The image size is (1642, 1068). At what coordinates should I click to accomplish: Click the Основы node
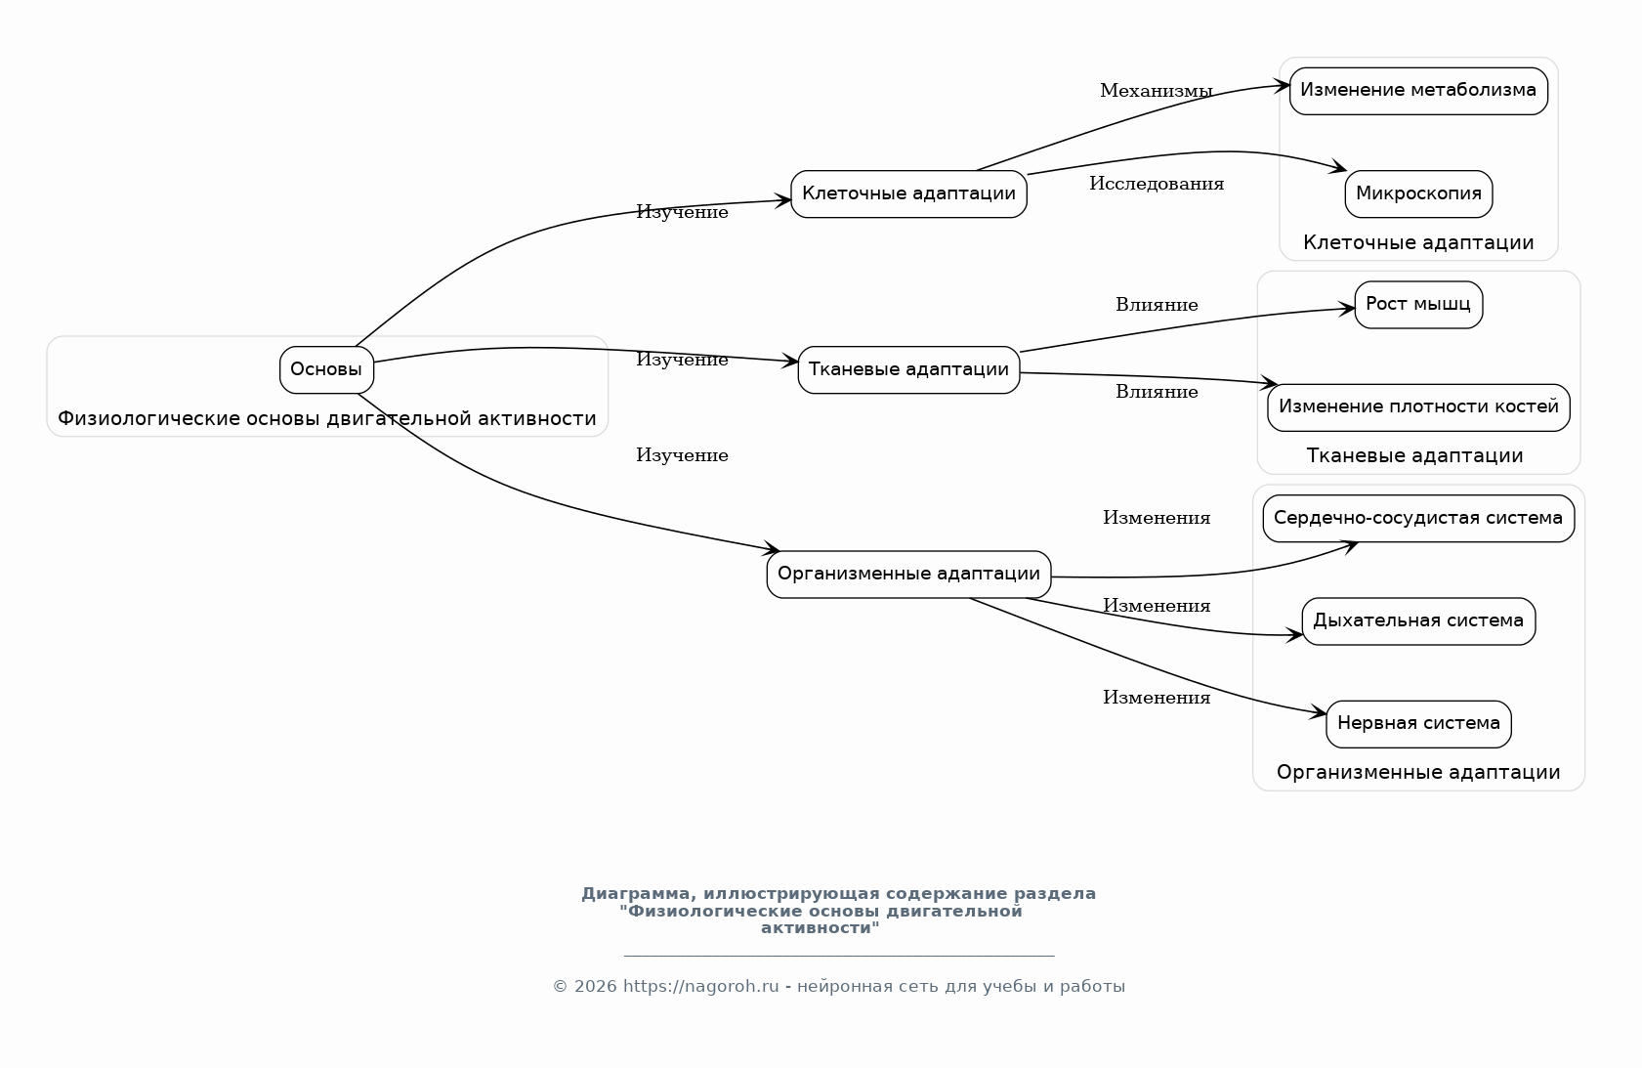click(x=326, y=370)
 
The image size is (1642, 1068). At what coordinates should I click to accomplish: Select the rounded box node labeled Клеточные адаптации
click(x=908, y=193)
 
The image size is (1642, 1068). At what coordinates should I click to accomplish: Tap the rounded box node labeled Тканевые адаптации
click(x=908, y=369)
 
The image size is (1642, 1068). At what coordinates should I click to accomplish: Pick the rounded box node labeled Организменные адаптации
click(x=908, y=574)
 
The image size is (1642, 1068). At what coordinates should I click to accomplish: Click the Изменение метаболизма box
click(x=1418, y=91)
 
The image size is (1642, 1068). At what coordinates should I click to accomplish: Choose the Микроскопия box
click(x=1418, y=193)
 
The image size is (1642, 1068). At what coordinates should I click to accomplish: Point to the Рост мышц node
click(x=1418, y=304)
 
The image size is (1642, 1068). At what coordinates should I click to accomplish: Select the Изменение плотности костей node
click(x=1418, y=406)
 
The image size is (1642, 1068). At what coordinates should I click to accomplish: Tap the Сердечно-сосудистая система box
click(x=1418, y=518)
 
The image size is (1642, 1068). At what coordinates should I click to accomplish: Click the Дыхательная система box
click(x=1418, y=620)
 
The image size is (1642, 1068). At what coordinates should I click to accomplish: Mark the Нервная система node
click(x=1418, y=723)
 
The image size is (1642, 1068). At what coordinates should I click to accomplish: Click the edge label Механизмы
click(x=1157, y=91)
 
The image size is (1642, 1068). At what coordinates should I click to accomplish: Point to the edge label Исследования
click(x=1157, y=184)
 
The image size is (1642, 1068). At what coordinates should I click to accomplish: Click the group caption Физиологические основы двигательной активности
click(x=326, y=419)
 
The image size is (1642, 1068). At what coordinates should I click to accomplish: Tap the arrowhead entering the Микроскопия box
click(x=1339, y=169)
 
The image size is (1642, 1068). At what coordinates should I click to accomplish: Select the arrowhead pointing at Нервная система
click(x=1320, y=714)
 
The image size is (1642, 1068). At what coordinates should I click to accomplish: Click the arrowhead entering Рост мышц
click(x=1348, y=309)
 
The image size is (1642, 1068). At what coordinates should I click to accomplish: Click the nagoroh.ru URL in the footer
click(x=700, y=987)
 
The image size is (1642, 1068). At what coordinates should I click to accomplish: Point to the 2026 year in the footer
click(x=595, y=987)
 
